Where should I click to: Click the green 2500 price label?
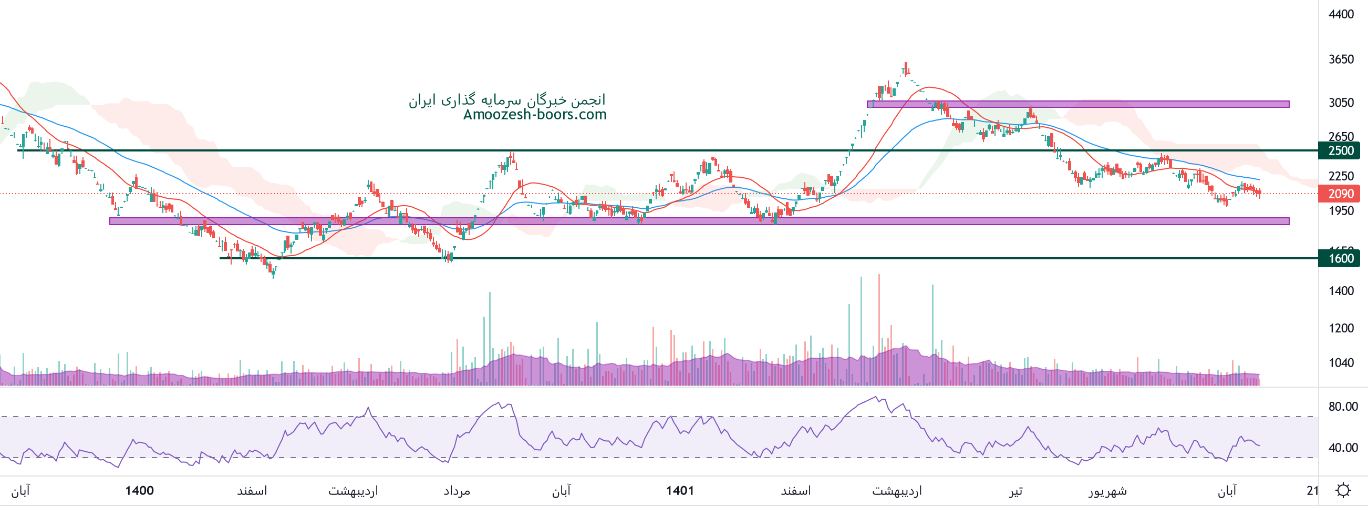[1340, 150]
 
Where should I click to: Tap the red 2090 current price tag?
[1340, 194]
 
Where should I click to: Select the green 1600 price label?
[1340, 258]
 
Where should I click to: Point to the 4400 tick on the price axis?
[1341, 14]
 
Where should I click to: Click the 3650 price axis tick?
[1341, 59]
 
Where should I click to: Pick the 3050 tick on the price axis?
[1341, 103]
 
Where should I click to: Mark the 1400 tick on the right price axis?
[1341, 291]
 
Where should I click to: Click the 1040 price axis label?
[1341, 363]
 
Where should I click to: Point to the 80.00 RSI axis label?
[1343, 407]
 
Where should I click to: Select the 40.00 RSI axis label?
[1343, 448]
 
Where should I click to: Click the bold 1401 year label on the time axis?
[680, 491]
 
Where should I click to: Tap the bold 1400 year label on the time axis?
[139, 491]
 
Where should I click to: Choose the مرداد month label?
[457, 491]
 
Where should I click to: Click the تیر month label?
[1015, 491]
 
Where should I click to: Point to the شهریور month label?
[1107, 491]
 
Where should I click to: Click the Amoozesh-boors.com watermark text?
[534, 115]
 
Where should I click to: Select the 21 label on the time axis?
[1312, 491]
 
